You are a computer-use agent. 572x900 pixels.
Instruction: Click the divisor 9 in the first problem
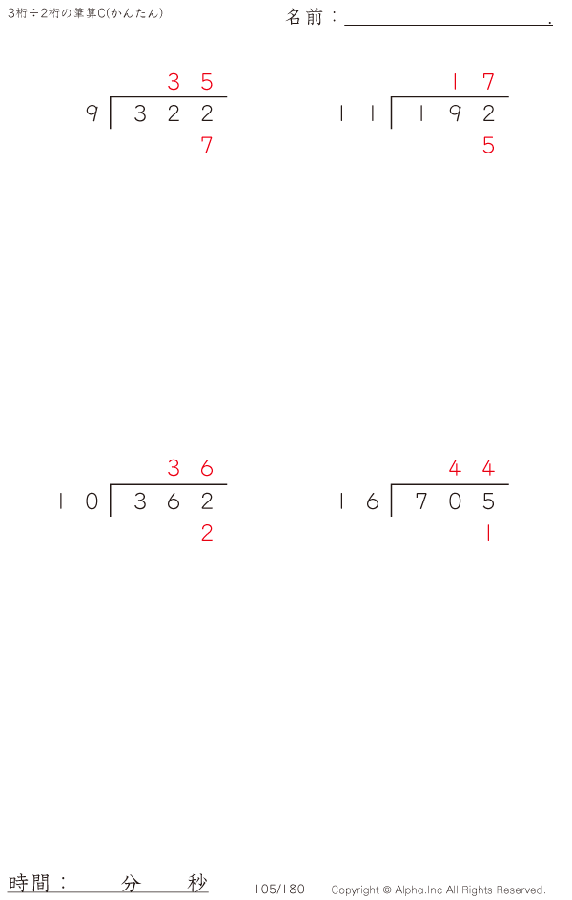click(92, 113)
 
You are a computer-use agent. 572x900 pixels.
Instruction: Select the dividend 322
click(174, 113)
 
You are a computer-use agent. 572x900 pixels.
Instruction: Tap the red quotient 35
click(190, 82)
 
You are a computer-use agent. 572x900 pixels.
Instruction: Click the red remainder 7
click(207, 145)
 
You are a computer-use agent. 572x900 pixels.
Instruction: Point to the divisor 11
click(357, 113)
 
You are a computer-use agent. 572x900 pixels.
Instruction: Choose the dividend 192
click(455, 113)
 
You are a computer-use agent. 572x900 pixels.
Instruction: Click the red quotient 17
click(472, 82)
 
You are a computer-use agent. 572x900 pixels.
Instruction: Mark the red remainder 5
click(488, 145)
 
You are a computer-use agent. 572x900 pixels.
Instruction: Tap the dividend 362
click(174, 501)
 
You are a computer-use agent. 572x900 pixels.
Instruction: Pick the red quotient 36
click(190, 468)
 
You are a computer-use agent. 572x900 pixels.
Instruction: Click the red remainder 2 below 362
click(207, 533)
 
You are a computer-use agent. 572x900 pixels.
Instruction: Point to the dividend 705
click(455, 501)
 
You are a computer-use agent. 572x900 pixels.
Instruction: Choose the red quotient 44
click(471, 468)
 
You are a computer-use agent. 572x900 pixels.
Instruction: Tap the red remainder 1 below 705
click(488, 533)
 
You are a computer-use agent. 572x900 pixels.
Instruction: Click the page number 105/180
click(279, 890)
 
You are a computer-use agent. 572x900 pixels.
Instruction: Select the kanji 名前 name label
click(305, 16)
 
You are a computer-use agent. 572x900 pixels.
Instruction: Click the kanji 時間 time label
click(29, 882)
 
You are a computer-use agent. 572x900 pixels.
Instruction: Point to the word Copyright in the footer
click(355, 890)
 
